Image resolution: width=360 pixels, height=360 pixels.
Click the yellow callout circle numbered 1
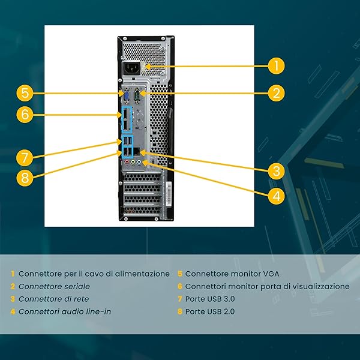click(x=275, y=65)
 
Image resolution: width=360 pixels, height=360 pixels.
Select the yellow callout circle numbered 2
click(x=275, y=93)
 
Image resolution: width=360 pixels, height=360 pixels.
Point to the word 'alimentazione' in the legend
click(x=142, y=274)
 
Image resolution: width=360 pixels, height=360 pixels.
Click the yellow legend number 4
click(x=13, y=311)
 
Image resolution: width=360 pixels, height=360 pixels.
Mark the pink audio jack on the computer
click(x=125, y=162)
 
